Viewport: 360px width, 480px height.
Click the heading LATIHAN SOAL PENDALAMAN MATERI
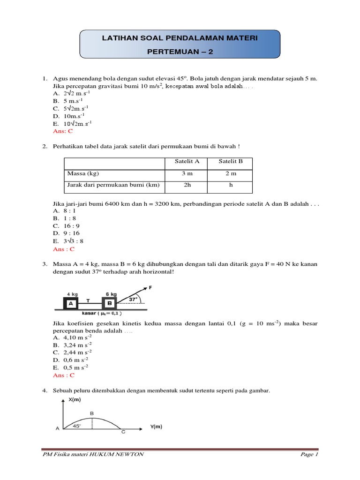pyautogui.click(x=180, y=37)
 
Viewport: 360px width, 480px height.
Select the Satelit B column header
pyautogui.click(x=231, y=161)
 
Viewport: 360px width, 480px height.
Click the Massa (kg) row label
pyautogui.click(x=83, y=173)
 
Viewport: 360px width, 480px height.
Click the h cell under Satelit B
pyautogui.click(x=231, y=185)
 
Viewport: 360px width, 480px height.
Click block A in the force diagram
pyautogui.click(x=72, y=303)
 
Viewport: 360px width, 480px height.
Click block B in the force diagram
pyautogui.click(x=110, y=303)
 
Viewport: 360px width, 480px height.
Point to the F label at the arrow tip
pyautogui.click(x=150, y=287)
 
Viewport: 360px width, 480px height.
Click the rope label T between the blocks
pyautogui.click(x=88, y=299)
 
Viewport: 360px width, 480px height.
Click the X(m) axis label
pyautogui.click(x=75, y=400)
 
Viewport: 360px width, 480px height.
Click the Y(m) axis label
pyautogui.click(x=156, y=427)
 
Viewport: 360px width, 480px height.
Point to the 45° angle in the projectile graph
pyautogui.click(x=77, y=426)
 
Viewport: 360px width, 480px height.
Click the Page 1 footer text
pyautogui.click(x=309, y=454)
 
